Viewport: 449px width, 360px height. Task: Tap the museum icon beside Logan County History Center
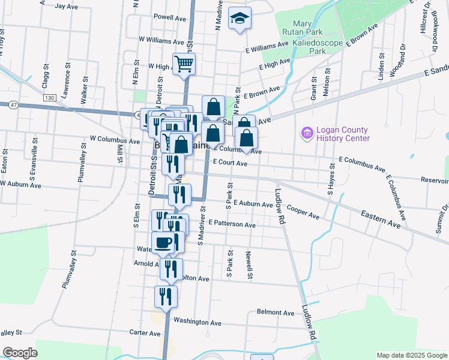coord(307,133)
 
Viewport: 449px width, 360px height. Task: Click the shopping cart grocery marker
coord(184,63)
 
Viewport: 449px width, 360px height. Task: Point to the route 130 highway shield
coord(49,97)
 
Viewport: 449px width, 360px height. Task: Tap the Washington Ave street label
coord(197,323)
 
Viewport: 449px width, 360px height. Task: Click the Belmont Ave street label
coord(276,312)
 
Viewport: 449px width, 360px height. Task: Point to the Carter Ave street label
coord(145,332)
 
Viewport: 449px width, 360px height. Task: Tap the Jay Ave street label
coord(67,6)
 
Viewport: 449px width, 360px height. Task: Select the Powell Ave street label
coord(167,17)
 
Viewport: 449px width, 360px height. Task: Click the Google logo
coord(20,353)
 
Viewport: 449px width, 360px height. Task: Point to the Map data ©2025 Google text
coord(411,355)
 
